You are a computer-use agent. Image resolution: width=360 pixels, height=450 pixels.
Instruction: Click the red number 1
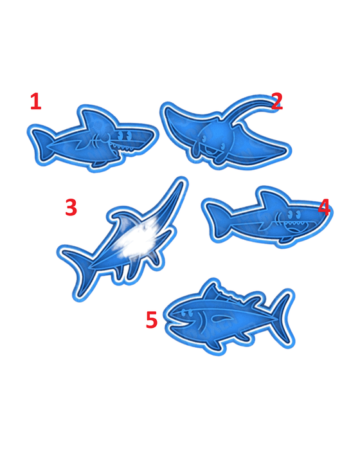point(36,101)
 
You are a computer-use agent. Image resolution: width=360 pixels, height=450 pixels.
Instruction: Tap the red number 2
point(276,101)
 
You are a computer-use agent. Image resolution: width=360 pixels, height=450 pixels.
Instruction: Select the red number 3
point(71,207)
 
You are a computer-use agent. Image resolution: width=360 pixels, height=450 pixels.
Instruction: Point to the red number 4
point(324,207)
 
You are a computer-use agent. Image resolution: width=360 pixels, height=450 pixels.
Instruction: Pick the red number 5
point(152,319)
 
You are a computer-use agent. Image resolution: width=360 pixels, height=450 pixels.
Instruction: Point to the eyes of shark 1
point(125,135)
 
